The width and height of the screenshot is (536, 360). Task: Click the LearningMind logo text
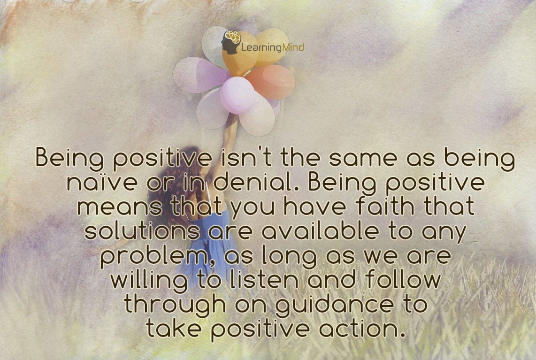[x=272, y=47]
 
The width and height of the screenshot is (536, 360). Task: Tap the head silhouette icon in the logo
[x=231, y=42]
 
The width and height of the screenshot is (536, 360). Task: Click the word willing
[x=149, y=281]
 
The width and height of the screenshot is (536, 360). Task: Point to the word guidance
[x=334, y=305]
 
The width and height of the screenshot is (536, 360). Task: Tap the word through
[x=175, y=305]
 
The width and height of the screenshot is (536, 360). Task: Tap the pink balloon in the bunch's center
[x=238, y=95]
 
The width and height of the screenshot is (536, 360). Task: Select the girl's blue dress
[x=208, y=246]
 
